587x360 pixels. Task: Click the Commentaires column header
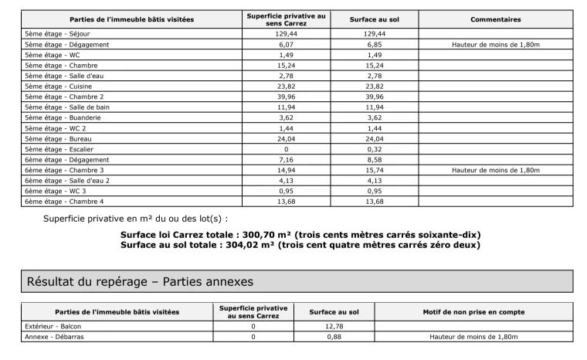click(x=495, y=19)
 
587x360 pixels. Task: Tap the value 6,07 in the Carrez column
click(x=286, y=45)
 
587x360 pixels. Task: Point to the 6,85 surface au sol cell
click(x=375, y=45)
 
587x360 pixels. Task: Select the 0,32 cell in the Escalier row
click(x=375, y=149)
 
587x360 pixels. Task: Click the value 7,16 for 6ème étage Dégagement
click(x=286, y=159)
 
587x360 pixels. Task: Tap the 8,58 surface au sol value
click(x=375, y=159)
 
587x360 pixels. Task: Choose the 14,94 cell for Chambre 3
click(x=286, y=170)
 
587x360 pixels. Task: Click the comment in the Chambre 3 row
click(x=495, y=170)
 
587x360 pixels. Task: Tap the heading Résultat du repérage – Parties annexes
click(x=140, y=282)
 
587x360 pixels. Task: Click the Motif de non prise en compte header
click(x=473, y=312)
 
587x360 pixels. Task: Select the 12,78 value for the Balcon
click(x=334, y=327)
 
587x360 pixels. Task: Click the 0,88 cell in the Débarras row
click(x=334, y=337)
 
